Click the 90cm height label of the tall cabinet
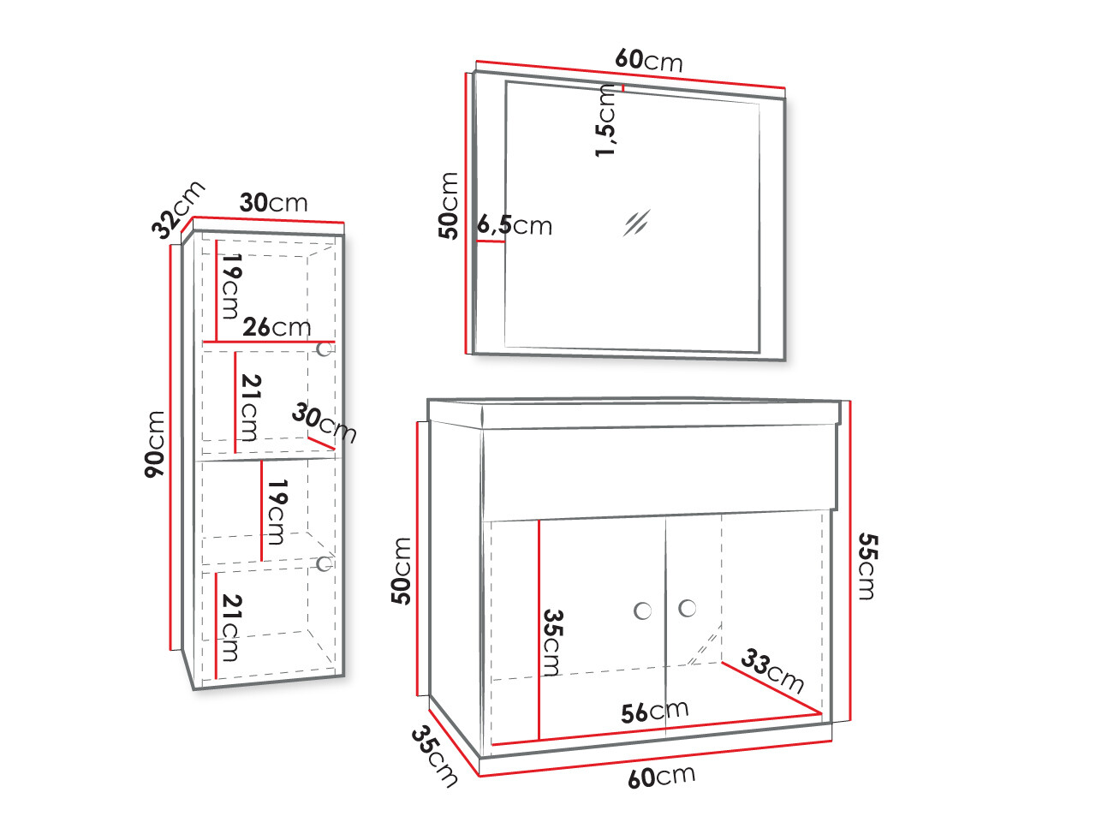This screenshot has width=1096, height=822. coord(155,444)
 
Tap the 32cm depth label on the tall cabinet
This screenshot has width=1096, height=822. coord(178,210)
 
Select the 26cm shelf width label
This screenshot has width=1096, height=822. coord(277,327)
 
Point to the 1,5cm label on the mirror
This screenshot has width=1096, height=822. coord(605,120)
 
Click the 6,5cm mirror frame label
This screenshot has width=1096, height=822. coord(515,225)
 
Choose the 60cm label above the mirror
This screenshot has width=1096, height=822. coord(649,61)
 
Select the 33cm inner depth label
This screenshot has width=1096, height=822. coord(772,670)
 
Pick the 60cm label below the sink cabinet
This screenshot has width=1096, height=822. coord(662,777)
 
